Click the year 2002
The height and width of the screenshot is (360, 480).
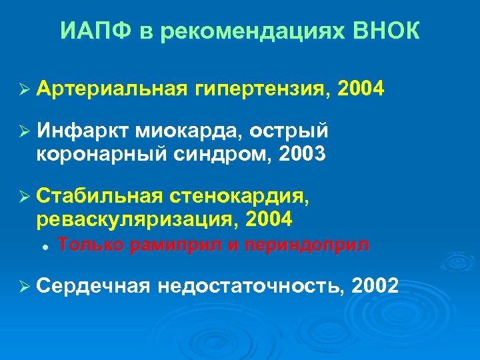375,286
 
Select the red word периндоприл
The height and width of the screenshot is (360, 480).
307,245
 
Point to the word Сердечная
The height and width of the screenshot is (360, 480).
94,286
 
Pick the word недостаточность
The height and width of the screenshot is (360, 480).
253,286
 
